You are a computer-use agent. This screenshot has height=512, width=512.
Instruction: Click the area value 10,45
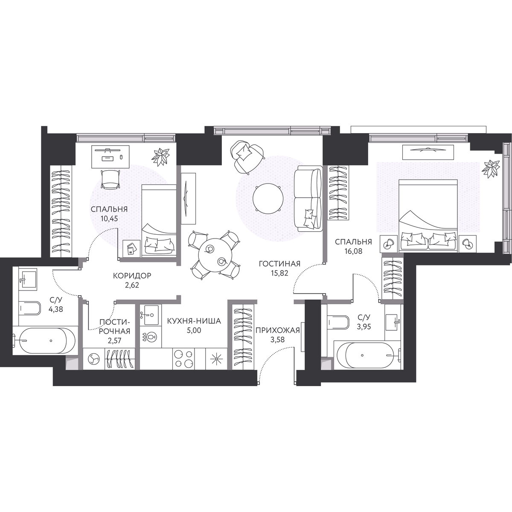[x=109, y=219]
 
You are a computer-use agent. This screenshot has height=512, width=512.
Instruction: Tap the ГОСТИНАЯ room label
[x=279, y=264]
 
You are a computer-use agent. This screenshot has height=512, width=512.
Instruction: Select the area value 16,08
[x=353, y=251]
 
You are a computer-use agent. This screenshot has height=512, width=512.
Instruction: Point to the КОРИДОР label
[x=132, y=276]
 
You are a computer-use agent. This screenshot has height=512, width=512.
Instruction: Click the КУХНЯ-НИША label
[x=194, y=321]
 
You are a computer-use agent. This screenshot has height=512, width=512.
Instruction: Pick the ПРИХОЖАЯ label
[x=278, y=330]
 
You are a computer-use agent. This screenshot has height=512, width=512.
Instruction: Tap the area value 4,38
[x=56, y=309]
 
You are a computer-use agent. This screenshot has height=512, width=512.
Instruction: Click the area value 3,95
[x=364, y=326]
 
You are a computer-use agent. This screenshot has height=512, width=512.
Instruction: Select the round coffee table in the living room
[x=268, y=198]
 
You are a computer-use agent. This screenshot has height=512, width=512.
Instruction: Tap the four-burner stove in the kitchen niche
[x=183, y=358]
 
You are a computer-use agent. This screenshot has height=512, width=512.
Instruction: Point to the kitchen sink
[x=150, y=315]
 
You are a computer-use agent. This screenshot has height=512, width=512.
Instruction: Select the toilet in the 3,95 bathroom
[x=338, y=322]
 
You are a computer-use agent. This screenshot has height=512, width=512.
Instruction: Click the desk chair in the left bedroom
[x=110, y=179]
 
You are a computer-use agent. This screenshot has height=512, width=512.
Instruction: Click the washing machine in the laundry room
[x=94, y=359]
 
